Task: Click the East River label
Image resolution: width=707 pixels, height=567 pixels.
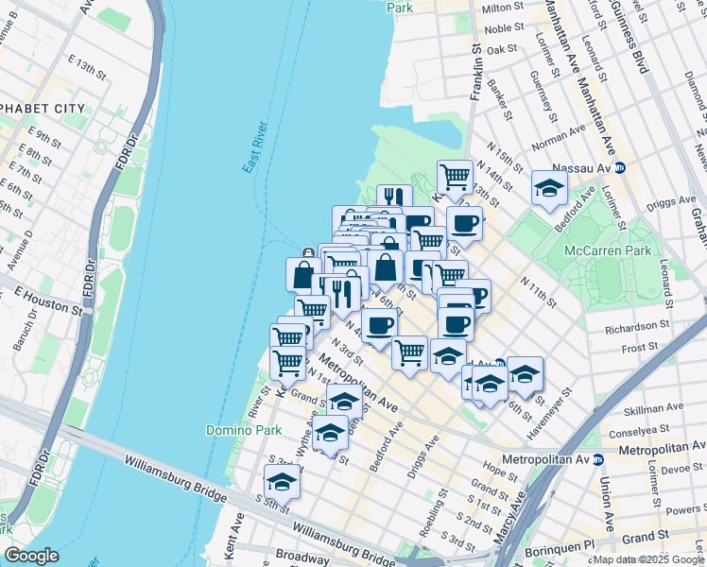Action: (255, 147)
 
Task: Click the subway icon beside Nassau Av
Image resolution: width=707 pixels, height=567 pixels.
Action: (621, 168)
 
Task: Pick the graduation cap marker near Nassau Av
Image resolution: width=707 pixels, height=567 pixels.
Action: (549, 188)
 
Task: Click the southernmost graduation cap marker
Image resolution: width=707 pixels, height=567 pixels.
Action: (282, 481)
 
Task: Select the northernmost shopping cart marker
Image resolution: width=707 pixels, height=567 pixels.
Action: (456, 177)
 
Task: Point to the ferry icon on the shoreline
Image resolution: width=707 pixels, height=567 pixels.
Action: (308, 252)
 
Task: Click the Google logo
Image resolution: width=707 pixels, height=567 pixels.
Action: (31, 556)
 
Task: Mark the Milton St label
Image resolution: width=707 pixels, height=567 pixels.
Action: (504, 8)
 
